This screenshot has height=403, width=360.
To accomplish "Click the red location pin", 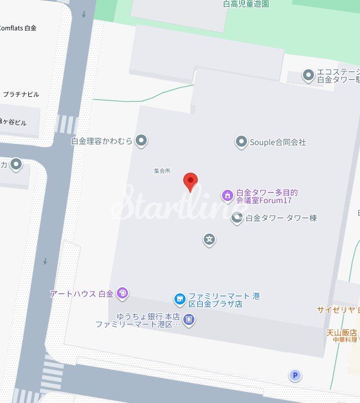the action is (191, 180).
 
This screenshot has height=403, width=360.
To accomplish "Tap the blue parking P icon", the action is (295, 376).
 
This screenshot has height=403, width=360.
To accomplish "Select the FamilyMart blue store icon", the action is (179, 299).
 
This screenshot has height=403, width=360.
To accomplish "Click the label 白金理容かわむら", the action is (102, 141).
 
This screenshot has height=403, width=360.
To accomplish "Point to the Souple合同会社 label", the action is (277, 142).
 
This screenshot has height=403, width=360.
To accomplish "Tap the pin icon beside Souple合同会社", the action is (241, 142).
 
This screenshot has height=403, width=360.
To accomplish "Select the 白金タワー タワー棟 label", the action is (281, 218).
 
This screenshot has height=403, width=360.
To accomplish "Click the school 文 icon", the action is (209, 240).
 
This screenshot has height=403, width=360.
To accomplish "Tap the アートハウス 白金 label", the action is (81, 293).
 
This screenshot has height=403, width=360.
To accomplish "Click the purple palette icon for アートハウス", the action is (123, 293).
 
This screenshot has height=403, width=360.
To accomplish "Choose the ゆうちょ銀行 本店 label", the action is (148, 316).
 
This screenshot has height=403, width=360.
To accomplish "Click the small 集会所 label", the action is (162, 170).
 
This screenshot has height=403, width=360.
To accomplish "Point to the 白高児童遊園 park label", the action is (246, 4).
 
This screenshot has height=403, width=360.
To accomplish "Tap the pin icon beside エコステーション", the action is (308, 75).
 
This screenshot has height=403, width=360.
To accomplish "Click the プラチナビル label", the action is (21, 94).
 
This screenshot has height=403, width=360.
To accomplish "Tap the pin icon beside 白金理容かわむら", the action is (142, 141).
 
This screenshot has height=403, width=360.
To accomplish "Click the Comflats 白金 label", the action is (18, 28).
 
